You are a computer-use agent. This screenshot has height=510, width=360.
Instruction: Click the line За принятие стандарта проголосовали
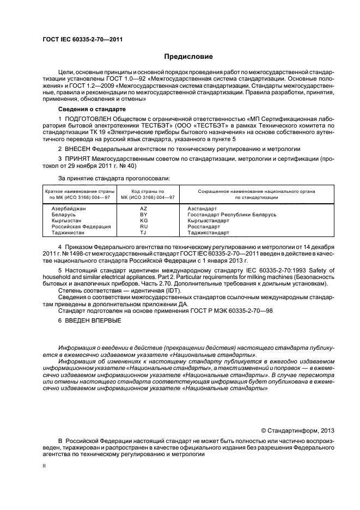coord(114,179)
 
